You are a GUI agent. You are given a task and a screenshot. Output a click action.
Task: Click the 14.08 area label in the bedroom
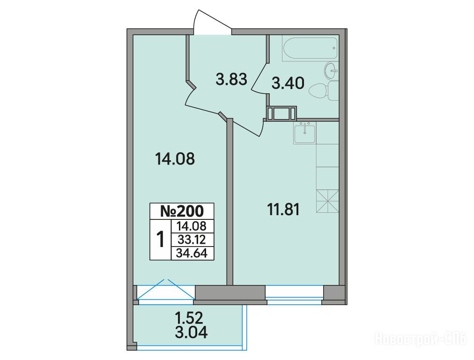[x=175, y=158]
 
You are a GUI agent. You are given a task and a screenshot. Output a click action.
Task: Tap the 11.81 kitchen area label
[x=283, y=210]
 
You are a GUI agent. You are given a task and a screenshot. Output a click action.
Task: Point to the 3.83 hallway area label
[x=231, y=80]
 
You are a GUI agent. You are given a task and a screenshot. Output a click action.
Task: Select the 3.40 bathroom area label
[x=288, y=83]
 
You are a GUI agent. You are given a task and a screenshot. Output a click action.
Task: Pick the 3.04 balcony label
[x=191, y=333]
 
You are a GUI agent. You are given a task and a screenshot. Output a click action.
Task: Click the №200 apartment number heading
[x=182, y=211]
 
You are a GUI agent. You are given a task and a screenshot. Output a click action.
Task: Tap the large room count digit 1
[x=161, y=239]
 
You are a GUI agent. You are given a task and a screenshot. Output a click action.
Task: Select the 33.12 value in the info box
[x=192, y=240]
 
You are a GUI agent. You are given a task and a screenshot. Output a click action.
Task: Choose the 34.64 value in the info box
[x=192, y=253]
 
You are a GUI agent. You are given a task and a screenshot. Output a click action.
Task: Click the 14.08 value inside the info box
[x=192, y=226]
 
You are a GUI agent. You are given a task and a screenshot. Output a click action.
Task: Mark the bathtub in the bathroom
[x=310, y=48]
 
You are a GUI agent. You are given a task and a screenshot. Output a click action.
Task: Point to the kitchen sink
[x=304, y=134]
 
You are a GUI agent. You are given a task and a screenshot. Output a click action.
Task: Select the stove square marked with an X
[x=327, y=201]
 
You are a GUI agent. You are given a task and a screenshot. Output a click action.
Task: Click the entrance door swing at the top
[x=212, y=22]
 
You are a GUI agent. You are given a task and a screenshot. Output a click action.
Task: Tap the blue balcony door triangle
[x=166, y=289]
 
